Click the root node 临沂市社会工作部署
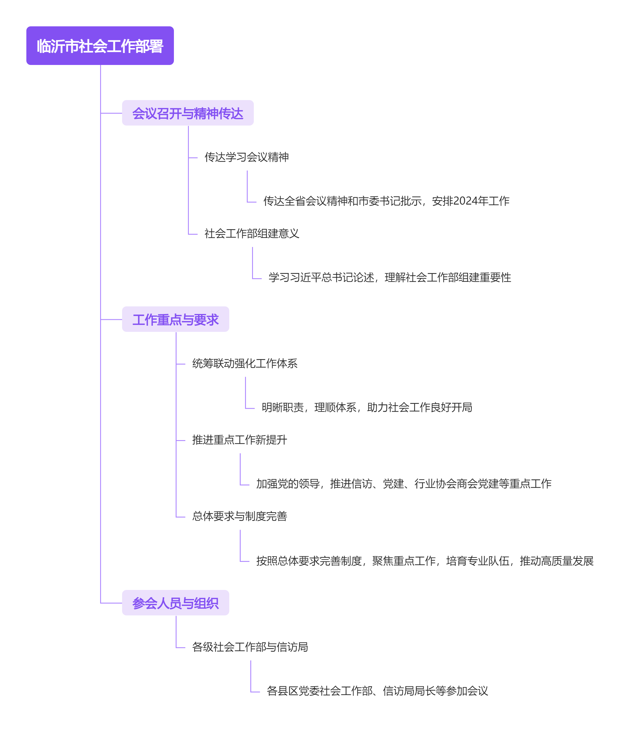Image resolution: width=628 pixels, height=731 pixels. click(x=100, y=46)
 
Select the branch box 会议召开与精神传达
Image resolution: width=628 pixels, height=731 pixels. click(x=188, y=113)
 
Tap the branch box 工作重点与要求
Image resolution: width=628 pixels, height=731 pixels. click(x=175, y=319)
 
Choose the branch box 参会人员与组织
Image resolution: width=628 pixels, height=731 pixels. click(x=175, y=603)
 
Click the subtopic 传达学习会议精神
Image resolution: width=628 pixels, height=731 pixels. click(x=247, y=157)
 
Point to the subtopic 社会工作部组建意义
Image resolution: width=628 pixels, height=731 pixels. click(x=252, y=233)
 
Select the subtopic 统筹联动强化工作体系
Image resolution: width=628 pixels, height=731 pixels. click(x=245, y=363)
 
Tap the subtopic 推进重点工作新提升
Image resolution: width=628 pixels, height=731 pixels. click(x=239, y=440)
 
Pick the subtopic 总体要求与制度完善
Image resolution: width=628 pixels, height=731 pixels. click(x=239, y=516)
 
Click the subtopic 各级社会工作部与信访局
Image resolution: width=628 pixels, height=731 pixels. click(x=250, y=647)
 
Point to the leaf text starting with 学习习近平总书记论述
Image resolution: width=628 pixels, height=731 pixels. click(x=390, y=277)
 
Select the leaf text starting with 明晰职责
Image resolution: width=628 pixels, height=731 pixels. click(x=367, y=407)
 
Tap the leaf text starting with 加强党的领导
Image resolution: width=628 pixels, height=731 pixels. click(x=403, y=484)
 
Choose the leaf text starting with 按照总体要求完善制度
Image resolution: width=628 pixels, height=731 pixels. click(x=425, y=561)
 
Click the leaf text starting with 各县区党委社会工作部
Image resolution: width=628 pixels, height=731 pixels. click(x=377, y=691)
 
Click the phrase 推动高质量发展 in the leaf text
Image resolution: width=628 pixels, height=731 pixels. click(x=556, y=561)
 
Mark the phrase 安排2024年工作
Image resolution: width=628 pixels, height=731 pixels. click(x=470, y=201)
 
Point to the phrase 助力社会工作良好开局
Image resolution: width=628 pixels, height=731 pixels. click(x=420, y=407)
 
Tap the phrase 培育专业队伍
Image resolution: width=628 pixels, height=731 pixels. click(x=478, y=561)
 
